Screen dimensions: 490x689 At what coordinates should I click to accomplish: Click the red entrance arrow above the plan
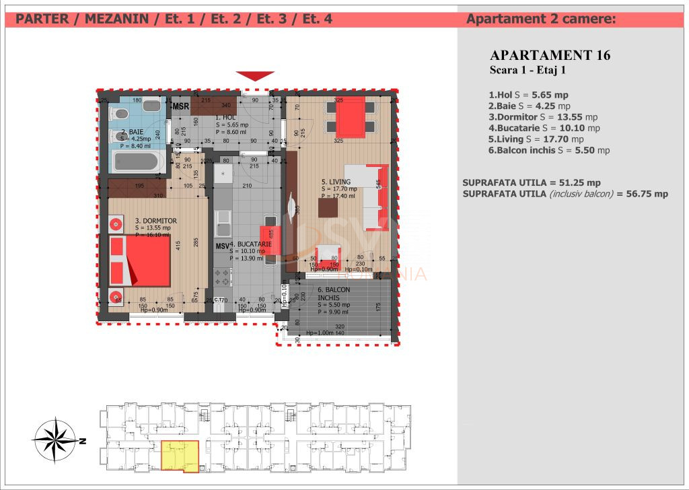255,75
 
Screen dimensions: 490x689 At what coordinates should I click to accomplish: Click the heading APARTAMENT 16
550,55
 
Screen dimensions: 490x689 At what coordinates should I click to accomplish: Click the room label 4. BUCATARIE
250,244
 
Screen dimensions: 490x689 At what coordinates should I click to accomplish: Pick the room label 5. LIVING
334,182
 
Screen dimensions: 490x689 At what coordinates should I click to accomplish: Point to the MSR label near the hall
180,106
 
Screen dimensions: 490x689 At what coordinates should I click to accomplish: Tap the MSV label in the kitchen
222,246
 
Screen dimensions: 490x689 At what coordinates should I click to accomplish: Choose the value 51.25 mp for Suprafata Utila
580,182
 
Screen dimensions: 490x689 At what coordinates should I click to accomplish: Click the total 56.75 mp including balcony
645,194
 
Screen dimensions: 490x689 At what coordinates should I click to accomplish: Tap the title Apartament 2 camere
540,20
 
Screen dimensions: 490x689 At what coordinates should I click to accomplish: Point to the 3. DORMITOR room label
156,220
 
